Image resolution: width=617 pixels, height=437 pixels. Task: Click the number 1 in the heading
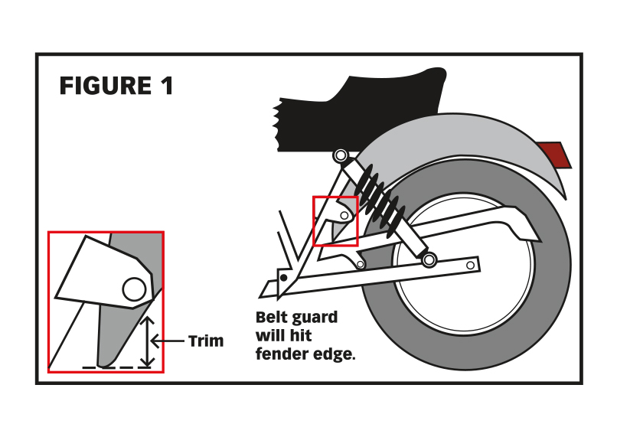[166, 86]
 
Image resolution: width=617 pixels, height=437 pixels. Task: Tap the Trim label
[206, 341]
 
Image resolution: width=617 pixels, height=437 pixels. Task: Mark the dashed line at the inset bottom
[111, 368]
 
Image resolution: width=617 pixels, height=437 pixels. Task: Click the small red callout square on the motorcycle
[335, 221]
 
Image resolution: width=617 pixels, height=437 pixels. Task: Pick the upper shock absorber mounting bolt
[341, 157]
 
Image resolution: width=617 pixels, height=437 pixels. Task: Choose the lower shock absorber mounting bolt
[429, 261]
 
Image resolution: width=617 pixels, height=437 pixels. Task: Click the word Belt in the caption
[272, 317]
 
